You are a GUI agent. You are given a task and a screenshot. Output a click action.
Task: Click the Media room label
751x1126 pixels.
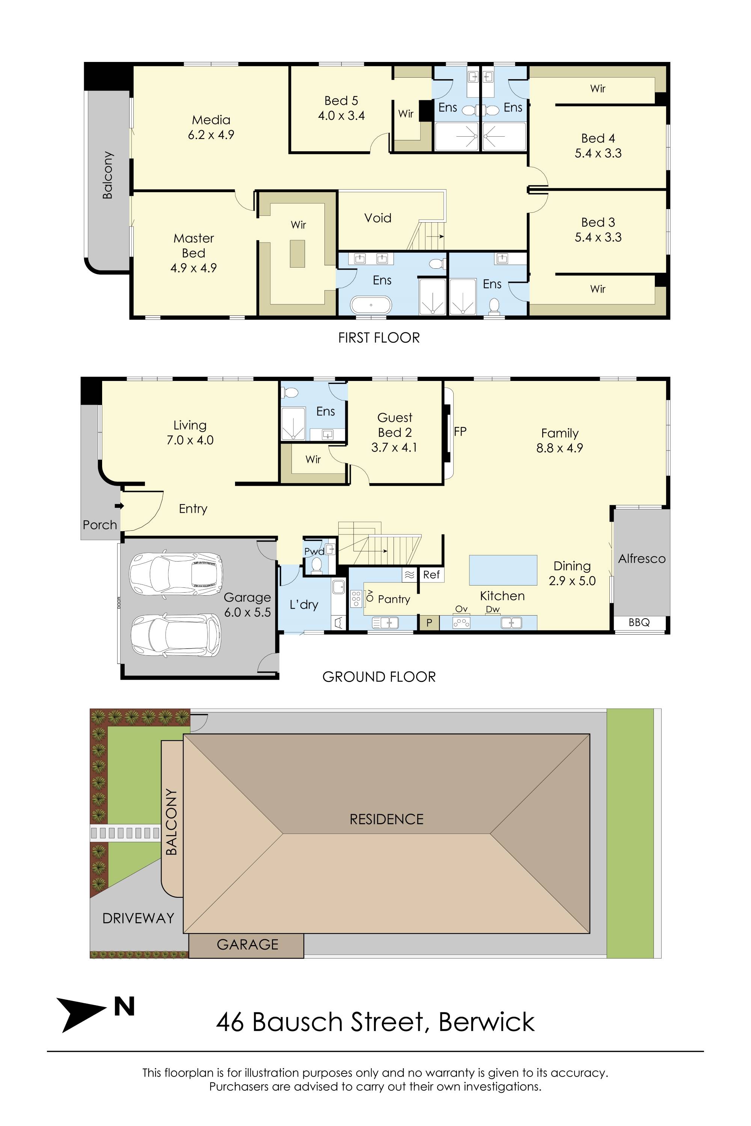click(211, 120)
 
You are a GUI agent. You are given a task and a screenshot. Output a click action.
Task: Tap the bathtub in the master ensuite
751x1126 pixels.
click(371, 305)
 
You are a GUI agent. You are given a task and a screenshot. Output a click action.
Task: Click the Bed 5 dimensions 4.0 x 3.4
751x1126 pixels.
click(341, 115)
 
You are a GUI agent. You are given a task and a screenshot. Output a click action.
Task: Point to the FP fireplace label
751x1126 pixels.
click(460, 431)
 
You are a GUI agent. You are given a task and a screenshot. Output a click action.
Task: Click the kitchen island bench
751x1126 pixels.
click(503, 570)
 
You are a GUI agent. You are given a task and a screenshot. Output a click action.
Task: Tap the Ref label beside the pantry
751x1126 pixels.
click(431, 575)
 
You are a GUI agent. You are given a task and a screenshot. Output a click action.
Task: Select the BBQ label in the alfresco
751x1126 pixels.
click(639, 622)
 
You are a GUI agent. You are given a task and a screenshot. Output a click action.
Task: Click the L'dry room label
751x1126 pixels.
click(304, 605)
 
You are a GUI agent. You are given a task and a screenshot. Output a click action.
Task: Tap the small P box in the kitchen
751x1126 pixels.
click(430, 622)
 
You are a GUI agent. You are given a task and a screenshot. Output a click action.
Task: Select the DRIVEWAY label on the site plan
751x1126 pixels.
click(139, 918)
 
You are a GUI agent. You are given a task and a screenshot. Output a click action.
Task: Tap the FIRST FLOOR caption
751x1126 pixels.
click(379, 338)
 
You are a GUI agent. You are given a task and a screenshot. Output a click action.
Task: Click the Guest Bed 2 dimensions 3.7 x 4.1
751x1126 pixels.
click(394, 448)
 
